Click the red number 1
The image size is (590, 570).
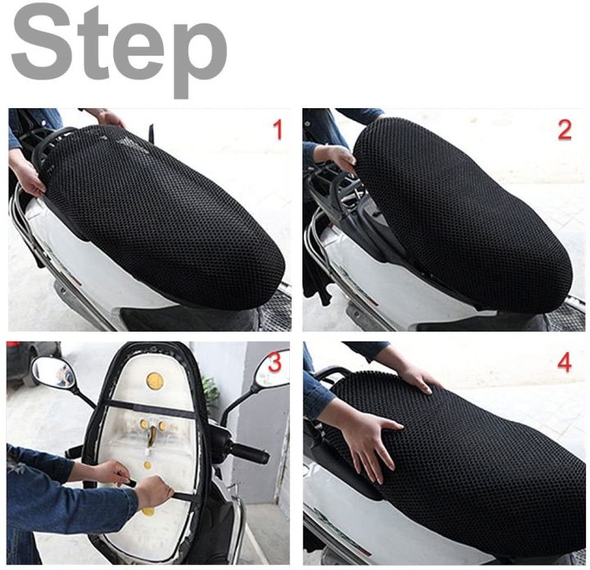pyautogui.click(x=277, y=129)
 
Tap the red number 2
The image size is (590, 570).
pyautogui.click(x=565, y=129)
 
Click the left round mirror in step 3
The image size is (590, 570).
pyautogui.click(x=54, y=374)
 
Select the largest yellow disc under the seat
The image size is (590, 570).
pyautogui.click(x=154, y=380)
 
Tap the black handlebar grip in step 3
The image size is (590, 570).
pyautogui.click(x=250, y=453)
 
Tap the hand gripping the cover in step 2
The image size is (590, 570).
pyautogui.click(x=334, y=156)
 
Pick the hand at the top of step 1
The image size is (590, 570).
pyautogui.click(x=107, y=117)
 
